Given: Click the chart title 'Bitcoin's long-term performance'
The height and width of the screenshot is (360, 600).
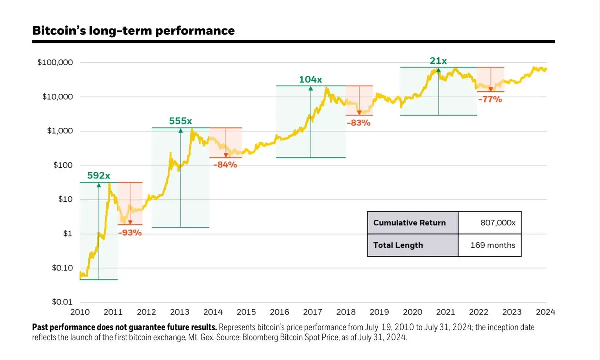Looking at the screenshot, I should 133,31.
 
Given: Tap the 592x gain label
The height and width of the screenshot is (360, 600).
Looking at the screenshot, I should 99,176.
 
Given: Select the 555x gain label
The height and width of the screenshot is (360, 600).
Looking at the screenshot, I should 180,121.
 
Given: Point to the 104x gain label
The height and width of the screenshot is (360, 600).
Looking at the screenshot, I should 311,79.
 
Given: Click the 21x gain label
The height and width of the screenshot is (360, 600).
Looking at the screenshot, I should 438,61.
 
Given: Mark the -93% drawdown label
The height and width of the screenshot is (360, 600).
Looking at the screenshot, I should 130,232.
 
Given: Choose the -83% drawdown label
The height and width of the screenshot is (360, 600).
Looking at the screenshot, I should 359,123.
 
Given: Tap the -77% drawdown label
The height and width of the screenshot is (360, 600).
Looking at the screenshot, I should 490,99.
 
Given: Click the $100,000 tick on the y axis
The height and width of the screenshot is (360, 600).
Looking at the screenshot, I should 55,63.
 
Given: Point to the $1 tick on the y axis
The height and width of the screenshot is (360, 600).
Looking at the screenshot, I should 67,234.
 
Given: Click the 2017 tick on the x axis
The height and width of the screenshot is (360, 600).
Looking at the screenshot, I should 312,312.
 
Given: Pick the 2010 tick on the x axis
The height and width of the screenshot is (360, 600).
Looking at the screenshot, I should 80,312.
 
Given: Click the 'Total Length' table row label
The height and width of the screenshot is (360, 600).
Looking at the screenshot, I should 398,245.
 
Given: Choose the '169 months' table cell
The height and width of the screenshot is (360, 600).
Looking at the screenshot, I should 493,245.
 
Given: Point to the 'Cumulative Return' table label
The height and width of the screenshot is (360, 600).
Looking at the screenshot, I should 409,223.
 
